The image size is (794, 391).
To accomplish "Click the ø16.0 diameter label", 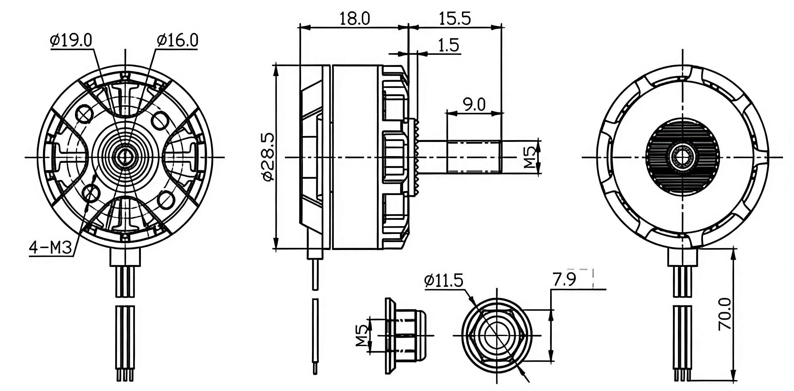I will pyautogui.click(x=177, y=41).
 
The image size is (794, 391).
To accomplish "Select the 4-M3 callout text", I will pyautogui.click(x=51, y=248).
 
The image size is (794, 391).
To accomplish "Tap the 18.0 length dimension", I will pyautogui.click(x=355, y=19).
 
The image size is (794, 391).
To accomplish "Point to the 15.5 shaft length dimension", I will pyautogui.click(x=455, y=19).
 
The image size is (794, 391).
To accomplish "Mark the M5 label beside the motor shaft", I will pyautogui.click(x=530, y=157).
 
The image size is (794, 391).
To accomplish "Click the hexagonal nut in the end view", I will pyautogui.click(x=497, y=335).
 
